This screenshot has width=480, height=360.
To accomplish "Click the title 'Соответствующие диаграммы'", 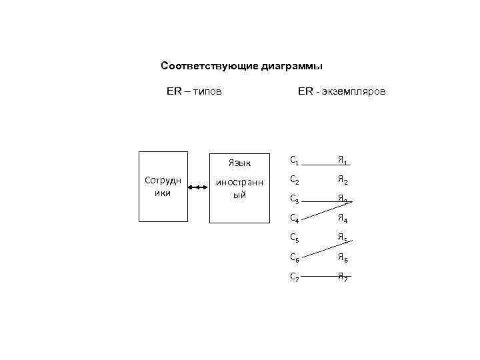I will [242, 67].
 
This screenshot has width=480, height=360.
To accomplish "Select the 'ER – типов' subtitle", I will [194, 90].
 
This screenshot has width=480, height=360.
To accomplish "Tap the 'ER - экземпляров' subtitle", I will [341, 90].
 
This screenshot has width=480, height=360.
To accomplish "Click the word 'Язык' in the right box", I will [239, 162].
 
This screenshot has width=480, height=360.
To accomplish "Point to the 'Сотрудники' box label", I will [163, 187].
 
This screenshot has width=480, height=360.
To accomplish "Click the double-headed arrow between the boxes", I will [198, 188].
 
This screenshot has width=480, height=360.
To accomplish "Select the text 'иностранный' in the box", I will [239, 189].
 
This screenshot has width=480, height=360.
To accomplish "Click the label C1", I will [295, 160].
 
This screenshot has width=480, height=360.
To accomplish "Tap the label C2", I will [295, 179].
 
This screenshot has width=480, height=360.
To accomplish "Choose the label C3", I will [295, 198].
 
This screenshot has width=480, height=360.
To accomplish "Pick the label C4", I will [295, 217].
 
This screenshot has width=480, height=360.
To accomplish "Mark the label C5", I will [295, 237].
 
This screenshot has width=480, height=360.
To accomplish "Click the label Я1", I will [342, 160].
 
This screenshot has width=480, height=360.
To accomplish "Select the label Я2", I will [342, 179].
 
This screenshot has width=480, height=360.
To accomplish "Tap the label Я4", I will [342, 217].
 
